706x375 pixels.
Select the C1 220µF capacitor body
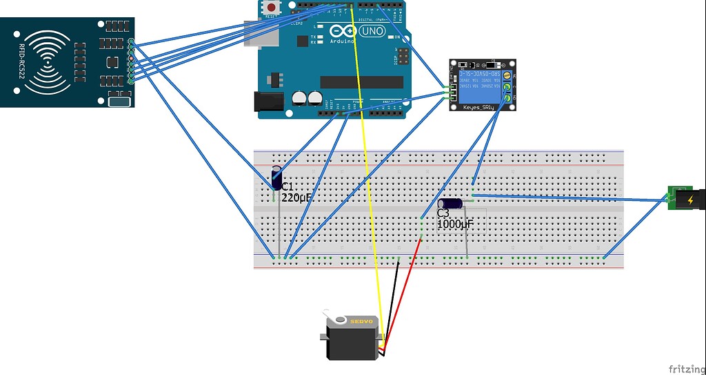coord(276,177)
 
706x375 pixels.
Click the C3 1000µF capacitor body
coord(451,204)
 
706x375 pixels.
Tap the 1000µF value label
coord(454,224)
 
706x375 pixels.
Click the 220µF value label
coord(296,198)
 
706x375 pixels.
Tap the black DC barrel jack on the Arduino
coord(269,102)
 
